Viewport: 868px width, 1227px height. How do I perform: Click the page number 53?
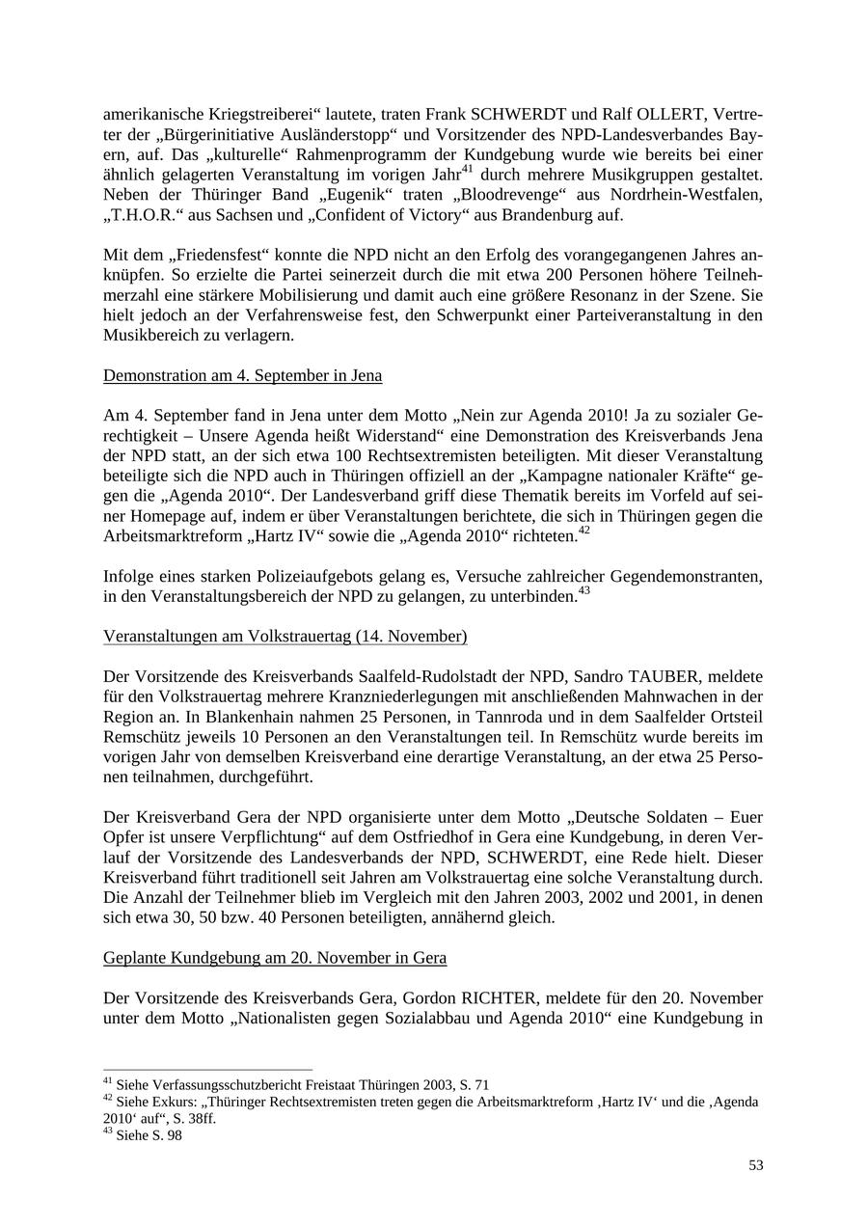[755, 1165]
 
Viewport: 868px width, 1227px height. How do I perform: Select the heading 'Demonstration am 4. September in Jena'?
[242, 375]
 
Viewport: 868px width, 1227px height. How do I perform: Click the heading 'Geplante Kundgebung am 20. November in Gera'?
[274, 958]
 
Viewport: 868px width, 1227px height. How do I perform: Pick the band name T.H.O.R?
[143, 215]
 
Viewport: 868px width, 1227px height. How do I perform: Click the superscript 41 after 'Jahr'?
[467, 170]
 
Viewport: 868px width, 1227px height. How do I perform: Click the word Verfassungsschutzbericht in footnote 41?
[217, 1085]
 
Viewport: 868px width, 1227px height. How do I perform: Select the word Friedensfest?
[222, 256]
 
